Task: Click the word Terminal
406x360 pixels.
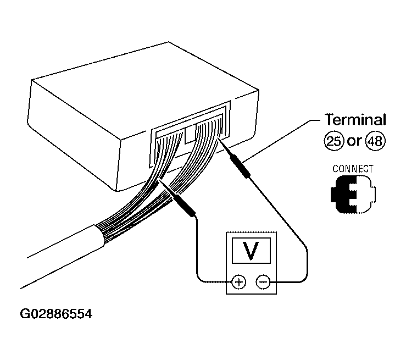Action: (x=355, y=120)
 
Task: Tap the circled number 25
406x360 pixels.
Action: (x=334, y=141)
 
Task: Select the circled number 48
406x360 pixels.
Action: (x=375, y=141)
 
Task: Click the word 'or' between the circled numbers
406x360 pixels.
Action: (x=354, y=142)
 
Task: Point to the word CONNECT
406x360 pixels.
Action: (x=353, y=169)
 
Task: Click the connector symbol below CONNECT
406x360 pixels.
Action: (x=353, y=194)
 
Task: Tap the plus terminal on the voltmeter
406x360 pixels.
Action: (x=238, y=282)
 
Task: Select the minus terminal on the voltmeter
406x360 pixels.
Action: (x=263, y=282)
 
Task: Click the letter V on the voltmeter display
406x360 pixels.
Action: (x=251, y=251)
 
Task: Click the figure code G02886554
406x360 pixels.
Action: (x=56, y=314)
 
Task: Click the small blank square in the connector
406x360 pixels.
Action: (x=190, y=135)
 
